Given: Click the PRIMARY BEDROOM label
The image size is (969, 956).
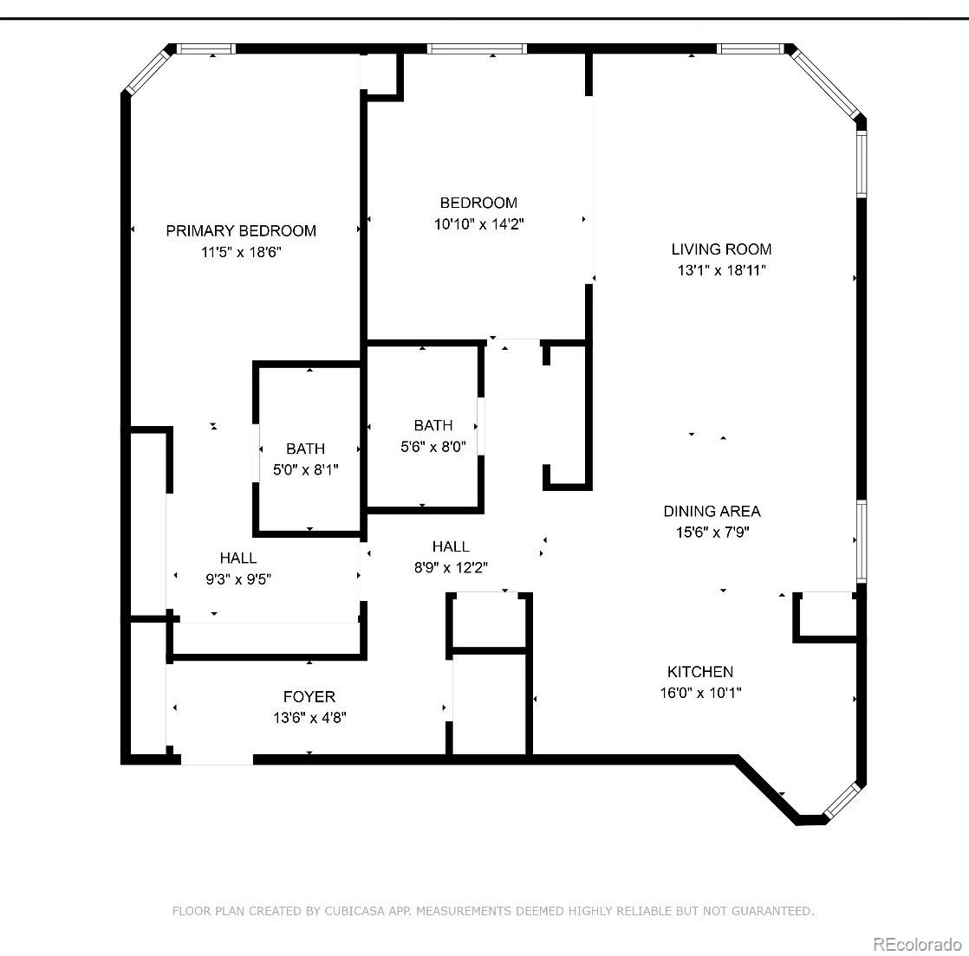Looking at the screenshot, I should coord(241,230).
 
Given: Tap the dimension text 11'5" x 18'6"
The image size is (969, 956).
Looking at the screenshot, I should coord(241,252).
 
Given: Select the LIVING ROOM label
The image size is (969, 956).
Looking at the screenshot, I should coord(721,249).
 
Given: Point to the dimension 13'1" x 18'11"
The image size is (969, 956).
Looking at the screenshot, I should coord(721,270).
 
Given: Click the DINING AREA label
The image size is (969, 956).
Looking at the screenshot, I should coord(712,511).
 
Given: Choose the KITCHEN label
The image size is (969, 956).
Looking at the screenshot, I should coord(700,671).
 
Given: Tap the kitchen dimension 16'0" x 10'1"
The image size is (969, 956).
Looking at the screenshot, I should coord(700,692).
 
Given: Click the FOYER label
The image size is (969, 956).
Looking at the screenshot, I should coord(309,696).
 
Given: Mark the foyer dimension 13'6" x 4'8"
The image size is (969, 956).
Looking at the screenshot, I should coord(309,717).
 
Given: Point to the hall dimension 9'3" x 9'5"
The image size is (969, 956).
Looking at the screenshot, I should coord(238,579).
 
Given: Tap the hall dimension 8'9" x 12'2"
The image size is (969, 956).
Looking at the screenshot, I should coord(451,567).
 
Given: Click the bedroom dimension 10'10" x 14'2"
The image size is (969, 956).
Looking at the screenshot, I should coord(478,223).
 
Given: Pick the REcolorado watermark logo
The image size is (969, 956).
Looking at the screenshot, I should coord(917,943).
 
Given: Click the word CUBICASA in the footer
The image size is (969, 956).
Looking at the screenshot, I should coord(360,911).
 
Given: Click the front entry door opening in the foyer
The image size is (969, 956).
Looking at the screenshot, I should coord(217,759).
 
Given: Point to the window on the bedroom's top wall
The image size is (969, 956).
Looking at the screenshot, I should coord(478,49).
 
